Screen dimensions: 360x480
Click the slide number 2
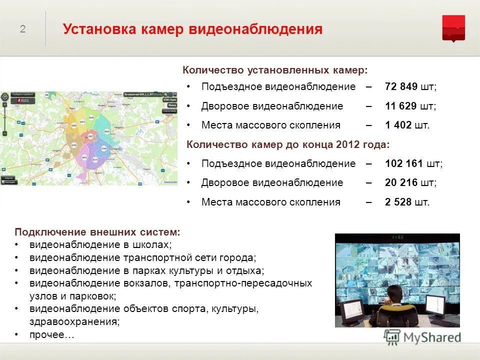pos(22,29)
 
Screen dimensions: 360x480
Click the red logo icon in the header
pos(453,28)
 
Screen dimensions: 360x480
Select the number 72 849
pos(401,86)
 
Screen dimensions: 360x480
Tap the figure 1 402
pos(398,125)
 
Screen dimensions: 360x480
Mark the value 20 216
pos(401,182)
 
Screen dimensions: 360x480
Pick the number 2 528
pos(398,202)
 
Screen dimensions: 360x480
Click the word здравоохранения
pos(74,322)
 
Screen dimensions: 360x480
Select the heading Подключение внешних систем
pos(97,232)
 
